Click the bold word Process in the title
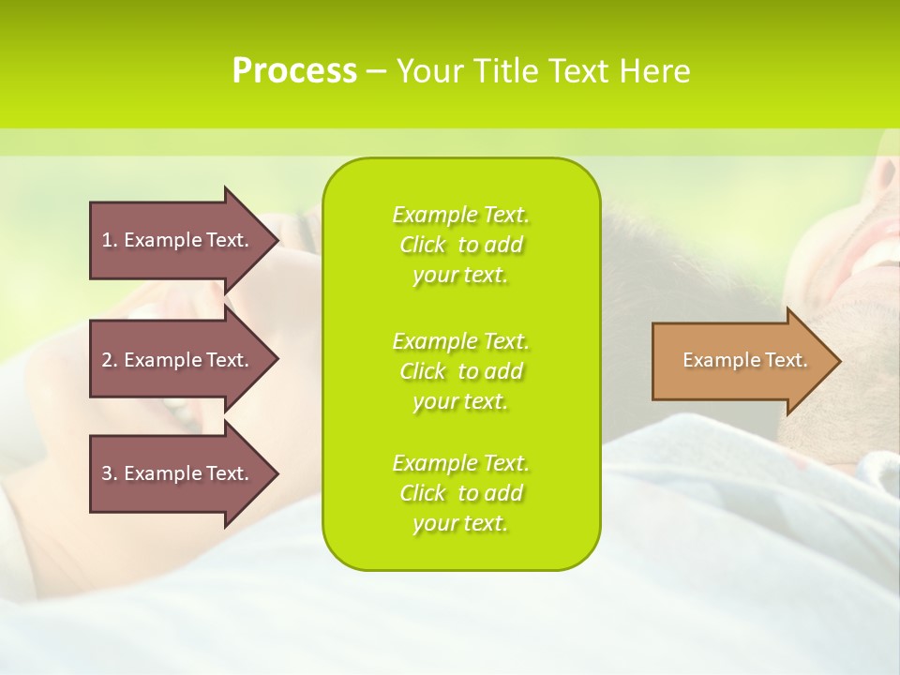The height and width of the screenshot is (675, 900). tap(294, 71)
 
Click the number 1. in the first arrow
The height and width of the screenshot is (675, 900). tap(110, 240)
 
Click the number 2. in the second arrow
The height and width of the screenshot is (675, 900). tap(110, 360)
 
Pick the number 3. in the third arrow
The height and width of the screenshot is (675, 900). tap(110, 473)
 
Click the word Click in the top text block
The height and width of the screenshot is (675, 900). tap(423, 245)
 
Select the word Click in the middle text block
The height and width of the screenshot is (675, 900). tap(423, 371)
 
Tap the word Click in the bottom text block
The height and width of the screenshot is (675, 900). tap(423, 493)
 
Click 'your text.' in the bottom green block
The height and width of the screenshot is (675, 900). tap(460, 524)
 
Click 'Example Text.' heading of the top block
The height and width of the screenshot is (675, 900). tap(460, 215)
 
